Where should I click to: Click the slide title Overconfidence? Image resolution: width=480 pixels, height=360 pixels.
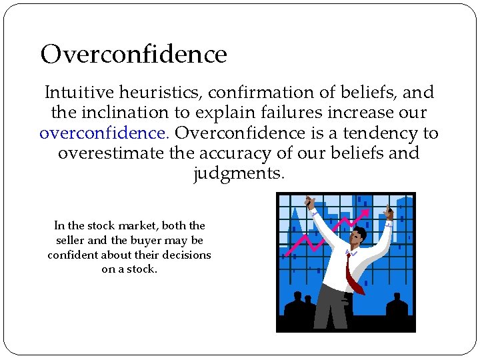click(x=133, y=54)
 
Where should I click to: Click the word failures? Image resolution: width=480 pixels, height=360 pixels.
click(x=282, y=113)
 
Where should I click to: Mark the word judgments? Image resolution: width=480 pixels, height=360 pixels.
click(x=239, y=173)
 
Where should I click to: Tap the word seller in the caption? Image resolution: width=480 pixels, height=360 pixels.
click(x=71, y=240)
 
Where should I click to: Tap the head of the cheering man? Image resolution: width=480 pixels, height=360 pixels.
click(x=359, y=237)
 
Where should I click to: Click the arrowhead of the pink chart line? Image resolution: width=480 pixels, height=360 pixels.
click(x=367, y=212)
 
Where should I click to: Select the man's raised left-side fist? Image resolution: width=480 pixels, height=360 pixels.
click(x=309, y=202)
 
